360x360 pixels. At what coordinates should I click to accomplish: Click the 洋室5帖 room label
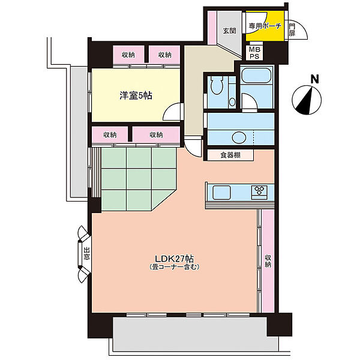[136, 95]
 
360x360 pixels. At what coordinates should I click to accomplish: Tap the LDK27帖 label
[174, 259]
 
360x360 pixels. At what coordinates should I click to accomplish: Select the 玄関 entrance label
[229, 31]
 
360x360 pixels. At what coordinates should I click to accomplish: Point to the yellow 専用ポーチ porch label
[265, 26]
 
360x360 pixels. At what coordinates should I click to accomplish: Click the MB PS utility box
[254, 53]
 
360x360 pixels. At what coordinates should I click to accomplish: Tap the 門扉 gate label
[292, 29]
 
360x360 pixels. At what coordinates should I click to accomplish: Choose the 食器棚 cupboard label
[230, 155]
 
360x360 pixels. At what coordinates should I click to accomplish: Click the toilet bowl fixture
[217, 85]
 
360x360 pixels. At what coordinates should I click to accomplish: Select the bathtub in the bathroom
[256, 76]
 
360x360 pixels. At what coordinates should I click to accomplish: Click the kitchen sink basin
[221, 192]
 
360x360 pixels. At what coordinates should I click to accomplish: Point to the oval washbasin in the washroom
[239, 137]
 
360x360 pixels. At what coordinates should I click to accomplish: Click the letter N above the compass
[314, 79]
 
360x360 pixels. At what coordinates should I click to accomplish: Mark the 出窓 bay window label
[86, 253]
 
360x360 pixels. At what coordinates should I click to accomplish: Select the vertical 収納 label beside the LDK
[268, 261]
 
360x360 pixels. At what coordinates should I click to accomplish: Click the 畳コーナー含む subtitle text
[174, 267]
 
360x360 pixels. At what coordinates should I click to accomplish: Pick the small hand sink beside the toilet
[232, 102]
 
